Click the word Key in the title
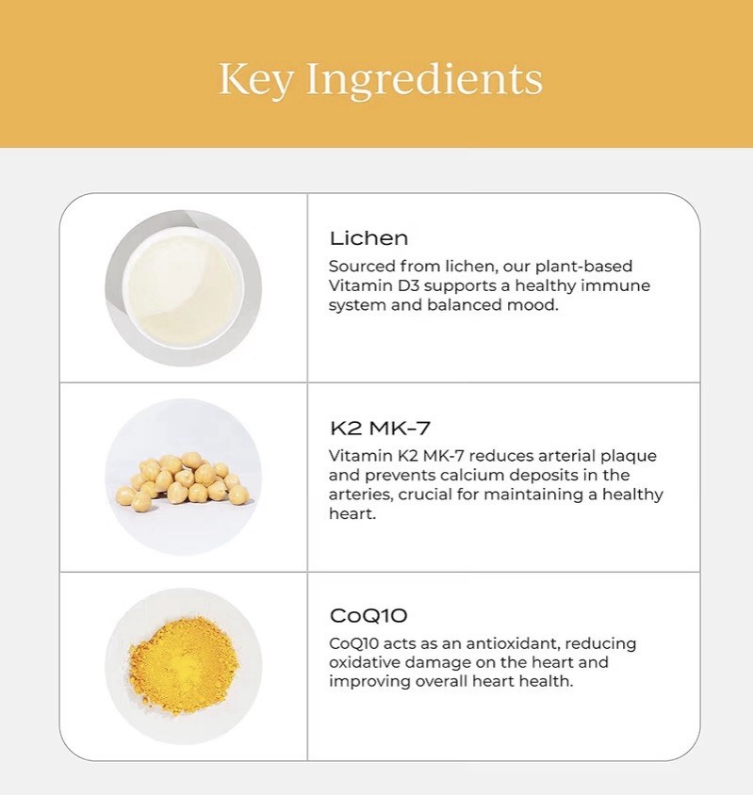255,80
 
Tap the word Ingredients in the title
425,80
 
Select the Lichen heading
368,238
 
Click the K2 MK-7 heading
380,429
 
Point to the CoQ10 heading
368,615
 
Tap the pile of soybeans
183,480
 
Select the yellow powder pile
183,664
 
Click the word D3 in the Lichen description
408,285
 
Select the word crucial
425,495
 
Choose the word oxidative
365,662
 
